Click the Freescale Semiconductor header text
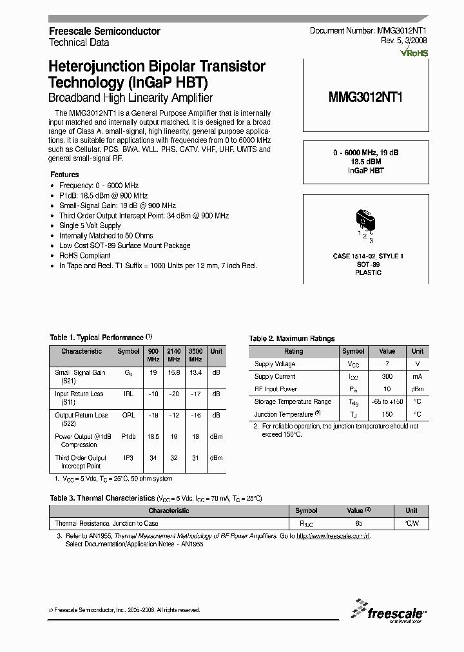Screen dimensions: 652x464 pos(105,31)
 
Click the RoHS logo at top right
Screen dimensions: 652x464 pos(414,54)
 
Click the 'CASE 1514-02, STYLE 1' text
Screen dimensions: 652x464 pos(368,256)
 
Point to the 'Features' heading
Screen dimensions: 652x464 pos(64,175)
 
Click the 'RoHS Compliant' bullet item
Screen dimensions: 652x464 pos(85,256)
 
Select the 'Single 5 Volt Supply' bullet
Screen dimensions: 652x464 pos(90,225)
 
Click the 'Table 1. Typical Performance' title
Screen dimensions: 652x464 pos(97,337)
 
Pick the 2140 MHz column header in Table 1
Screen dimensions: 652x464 pos(173,355)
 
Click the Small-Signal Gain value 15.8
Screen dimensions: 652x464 pos(173,372)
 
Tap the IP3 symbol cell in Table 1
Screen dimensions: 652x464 pos(128,458)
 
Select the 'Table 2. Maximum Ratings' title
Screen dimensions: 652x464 pos(292,338)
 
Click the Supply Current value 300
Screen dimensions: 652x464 pos(387,376)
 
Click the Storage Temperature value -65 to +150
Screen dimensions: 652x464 pos(387,401)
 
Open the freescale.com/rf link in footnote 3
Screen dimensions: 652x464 pos(333,536)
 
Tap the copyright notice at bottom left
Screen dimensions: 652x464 pos(124,609)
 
